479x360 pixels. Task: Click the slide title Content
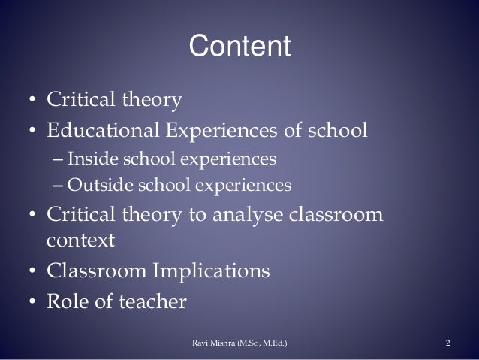point(239,47)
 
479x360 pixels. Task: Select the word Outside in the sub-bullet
point(92,184)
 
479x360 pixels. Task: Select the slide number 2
point(447,344)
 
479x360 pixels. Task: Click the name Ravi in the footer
point(202,344)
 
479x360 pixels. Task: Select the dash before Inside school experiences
point(59,160)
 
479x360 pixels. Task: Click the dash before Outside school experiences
point(59,184)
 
